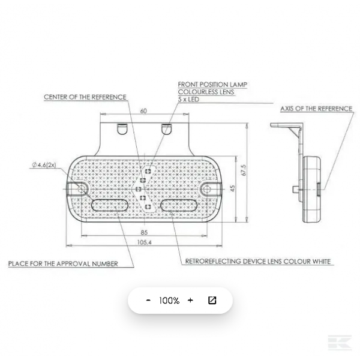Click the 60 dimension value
click(x=143, y=111)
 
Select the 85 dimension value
click(x=144, y=233)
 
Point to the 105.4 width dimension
click(x=145, y=242)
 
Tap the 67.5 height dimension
click(x=244, y=170)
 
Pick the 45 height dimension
click(x=233, y=188)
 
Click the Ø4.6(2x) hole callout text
click(x=44, y=165)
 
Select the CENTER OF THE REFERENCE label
click(x=85, y=97)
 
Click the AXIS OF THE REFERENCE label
click(x=316, y=109)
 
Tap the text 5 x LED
click(x=188, y=100)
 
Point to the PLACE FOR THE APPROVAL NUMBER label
click(x=63, y=263)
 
